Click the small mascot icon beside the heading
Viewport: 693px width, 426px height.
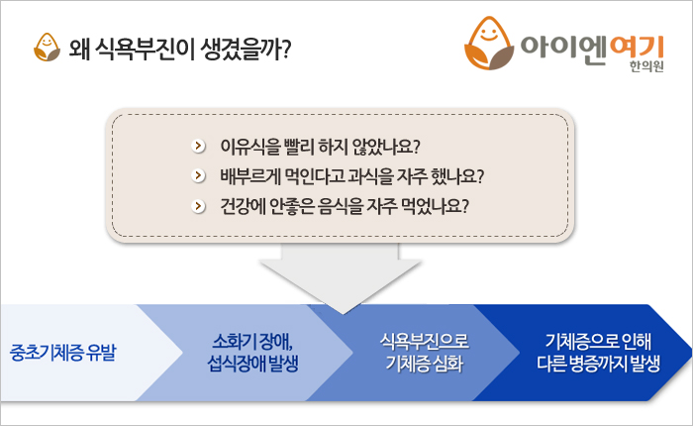coord(47,48)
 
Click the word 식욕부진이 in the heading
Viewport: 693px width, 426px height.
coord(145,49)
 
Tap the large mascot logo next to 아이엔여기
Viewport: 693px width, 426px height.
coord(489,43)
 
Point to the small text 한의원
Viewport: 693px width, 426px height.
coord(646,66)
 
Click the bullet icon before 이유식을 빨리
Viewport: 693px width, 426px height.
coord(198,146)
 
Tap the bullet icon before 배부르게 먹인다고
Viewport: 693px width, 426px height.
coord(198,175)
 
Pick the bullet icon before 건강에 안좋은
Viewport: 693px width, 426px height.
coord(198,206)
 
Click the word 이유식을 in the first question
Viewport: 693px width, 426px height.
coord(250,147)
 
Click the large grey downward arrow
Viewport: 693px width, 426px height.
coord(341,277)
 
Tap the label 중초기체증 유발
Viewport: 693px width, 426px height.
coord(62,353)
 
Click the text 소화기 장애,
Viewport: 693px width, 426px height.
coord(252,341)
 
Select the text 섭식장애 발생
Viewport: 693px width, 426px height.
coord(252,364)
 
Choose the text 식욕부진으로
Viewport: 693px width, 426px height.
coord(425,341)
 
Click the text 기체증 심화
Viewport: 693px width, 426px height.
coord(425,364)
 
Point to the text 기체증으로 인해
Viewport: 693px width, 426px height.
coord(598,341)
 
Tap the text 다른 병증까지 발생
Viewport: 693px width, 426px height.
coord(598,364)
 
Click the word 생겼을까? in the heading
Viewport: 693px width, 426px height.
coord(246,49)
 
